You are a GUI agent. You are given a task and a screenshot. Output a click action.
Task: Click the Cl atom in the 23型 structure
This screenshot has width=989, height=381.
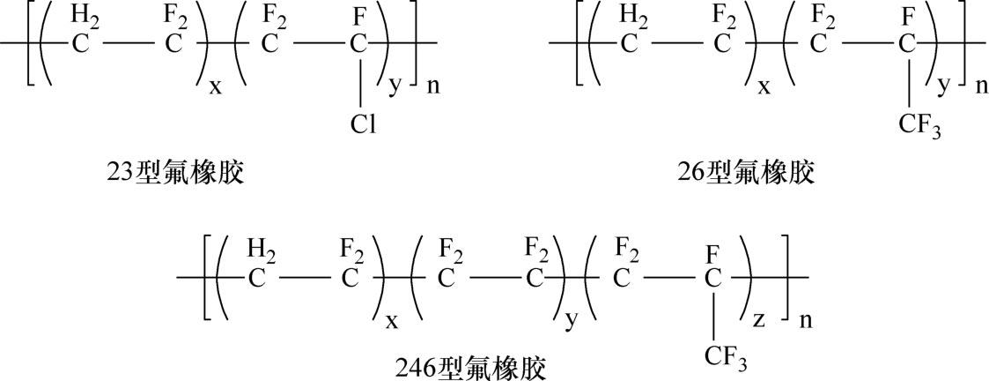pyautogui.click(x=362, y=126)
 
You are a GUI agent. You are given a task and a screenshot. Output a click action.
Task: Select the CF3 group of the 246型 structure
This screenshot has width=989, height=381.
pyautogui.click(x=724, y=355)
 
